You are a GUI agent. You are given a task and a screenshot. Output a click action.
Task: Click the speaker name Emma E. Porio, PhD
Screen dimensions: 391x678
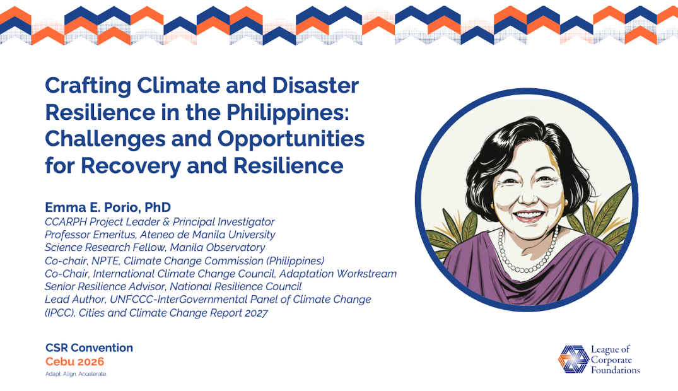(x=108, y=207)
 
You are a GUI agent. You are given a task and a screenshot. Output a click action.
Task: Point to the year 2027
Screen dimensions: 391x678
(x=254, y=313)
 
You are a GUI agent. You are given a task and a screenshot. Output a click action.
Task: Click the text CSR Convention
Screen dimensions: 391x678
(x=89, y=348)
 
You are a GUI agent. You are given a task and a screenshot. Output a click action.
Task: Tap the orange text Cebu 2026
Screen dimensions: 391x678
(x=74, y=362)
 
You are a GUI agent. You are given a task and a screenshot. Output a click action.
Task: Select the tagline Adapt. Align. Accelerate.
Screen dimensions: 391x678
(x=76, y=374)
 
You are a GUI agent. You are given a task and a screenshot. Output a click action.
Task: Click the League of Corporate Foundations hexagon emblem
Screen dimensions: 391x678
(x=573, y=359)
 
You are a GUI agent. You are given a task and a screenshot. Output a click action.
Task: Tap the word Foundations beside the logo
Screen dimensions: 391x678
(x=615, y=370)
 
